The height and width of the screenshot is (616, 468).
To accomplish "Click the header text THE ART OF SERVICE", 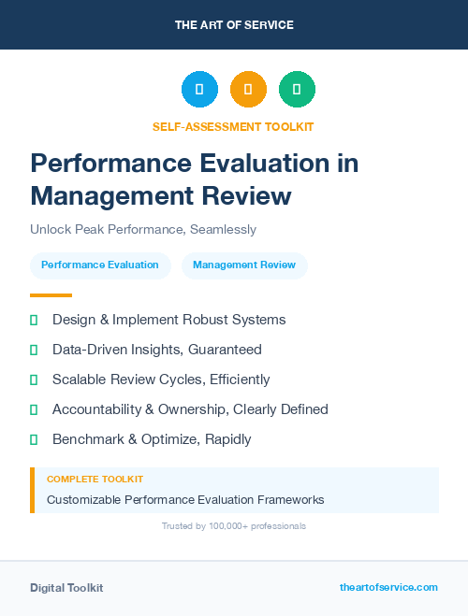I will click(234, 25).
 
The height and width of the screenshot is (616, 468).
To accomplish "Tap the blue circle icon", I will click(199, 90).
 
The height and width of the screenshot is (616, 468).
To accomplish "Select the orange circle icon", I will click(248, 90).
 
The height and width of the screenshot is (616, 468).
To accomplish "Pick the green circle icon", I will click(297, 90).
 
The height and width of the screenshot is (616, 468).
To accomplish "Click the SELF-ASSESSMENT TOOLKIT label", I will click(233, 126).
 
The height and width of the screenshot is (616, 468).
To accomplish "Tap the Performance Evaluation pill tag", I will click(100, 265).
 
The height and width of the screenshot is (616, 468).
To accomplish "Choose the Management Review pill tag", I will click(244, 265).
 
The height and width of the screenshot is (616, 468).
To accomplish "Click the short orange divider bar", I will click(51, 295).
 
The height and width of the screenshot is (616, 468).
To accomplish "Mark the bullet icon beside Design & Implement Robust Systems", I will click(34, 320).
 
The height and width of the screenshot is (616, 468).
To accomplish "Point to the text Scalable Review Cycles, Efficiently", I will click(161, 380).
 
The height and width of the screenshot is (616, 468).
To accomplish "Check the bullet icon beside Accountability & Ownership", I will click(34, 409).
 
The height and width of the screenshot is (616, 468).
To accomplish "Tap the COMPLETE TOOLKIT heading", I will click(95, 479).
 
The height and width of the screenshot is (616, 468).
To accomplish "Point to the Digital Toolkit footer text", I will click(66, 588).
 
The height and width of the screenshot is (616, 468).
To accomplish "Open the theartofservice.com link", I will click(388, 587).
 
